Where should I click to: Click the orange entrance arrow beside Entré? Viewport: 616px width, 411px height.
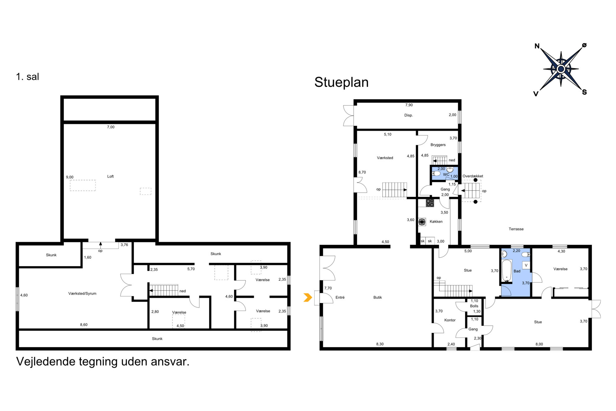click(x=308, y=297)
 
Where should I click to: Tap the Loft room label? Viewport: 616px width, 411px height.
click(x=111, y=176)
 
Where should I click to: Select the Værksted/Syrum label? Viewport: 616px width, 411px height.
click(x=82, y=293)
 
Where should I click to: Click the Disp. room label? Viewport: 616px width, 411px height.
click(x=409, y=115)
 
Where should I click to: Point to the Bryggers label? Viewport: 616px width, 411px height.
click(x=438, y=145)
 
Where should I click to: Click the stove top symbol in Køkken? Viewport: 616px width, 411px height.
click(x=430, y=203)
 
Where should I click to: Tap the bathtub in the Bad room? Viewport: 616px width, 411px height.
click(x=506, y=270)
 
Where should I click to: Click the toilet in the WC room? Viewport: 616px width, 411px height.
click(x=436, y=173)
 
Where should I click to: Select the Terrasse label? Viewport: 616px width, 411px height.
click(x=516, y=229)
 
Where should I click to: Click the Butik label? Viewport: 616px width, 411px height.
click(x=378, y=297)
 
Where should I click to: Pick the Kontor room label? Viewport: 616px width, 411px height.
click(x=450, y=320)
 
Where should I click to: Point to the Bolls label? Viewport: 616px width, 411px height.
click(x=474, y=306)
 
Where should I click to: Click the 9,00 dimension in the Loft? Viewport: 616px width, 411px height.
click(x=70, y=177)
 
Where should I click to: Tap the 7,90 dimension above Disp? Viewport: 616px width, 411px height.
click(x=409, y=105)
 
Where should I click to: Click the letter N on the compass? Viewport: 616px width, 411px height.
click(x=537, y=46)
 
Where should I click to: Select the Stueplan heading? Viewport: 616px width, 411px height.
click(x=341, y=82)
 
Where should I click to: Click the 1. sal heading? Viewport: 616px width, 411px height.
click(x=27, y=77)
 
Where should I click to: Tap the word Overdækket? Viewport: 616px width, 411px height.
click(x=473, y=176)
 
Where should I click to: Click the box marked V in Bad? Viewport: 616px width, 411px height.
click(x=526, y=265)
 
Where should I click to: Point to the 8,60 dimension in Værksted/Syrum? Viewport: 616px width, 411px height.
click(x=84, y=325)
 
